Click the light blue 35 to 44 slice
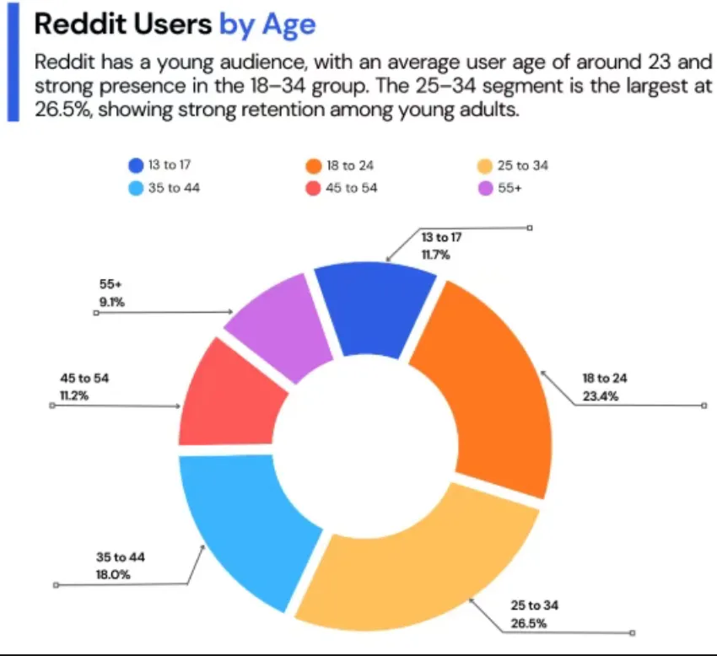tap(245, 523)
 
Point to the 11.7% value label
tap(435, 252)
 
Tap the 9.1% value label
tap(112, 301)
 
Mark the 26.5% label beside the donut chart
tap(528, 623)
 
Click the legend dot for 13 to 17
tap(137, 165)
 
